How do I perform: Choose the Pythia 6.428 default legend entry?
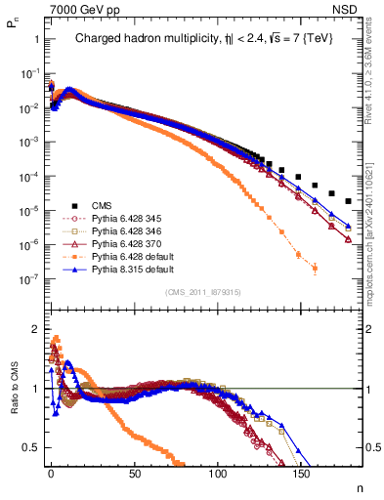click(x=113, y=254)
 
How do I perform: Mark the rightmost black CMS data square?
click(x=349, y=201)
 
